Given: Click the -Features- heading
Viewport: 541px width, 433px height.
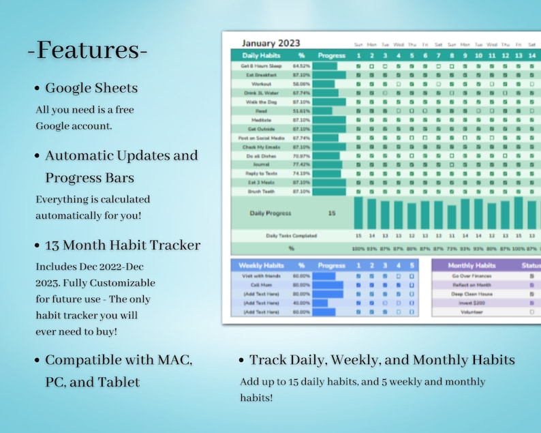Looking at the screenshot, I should (x=87, y=50).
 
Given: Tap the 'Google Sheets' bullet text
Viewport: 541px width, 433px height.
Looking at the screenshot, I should (x=91, y=88).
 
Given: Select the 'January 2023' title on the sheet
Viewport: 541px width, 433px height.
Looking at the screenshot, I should (x=270, y=43).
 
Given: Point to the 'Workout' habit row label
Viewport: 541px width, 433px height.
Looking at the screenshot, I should (x=262, y=84).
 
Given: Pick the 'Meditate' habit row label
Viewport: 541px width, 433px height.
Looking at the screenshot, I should (x=262, y=120).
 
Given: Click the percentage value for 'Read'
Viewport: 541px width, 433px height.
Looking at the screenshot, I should (x=301, y=110).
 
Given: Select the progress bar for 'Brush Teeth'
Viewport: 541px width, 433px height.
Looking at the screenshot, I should (x=329, y=192).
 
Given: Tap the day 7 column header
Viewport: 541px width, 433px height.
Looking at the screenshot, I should (x=438, y=55).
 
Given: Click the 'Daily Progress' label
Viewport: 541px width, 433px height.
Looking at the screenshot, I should (x=271, y=213).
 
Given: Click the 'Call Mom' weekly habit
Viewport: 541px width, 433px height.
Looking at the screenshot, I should (x=262, y=285).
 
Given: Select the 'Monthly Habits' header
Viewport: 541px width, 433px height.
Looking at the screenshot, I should (x=472, y=265).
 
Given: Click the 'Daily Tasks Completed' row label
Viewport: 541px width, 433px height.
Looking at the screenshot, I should (x=291, y=236).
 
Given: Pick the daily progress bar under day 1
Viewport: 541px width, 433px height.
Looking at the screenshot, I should (x=358, y=213).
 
